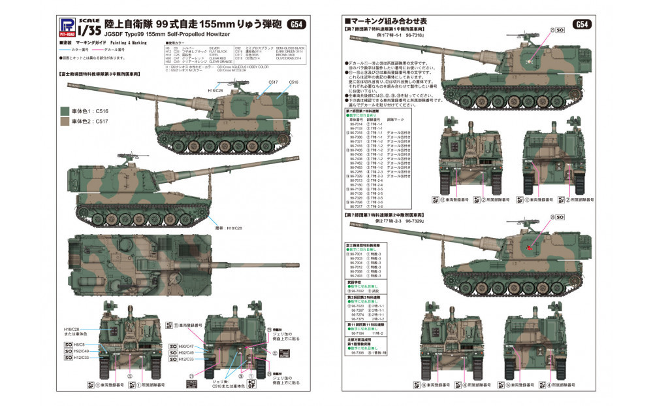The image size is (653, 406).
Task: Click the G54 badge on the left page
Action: pyautogui.click(x=295, y=25)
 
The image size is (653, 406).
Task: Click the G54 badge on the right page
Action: pyautogui.click(x=581, y=25)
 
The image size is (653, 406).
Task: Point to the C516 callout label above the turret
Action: pyautogui.click(x=294, y=81)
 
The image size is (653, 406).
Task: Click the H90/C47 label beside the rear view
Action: pyautogui.click(x=185, y=345)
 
